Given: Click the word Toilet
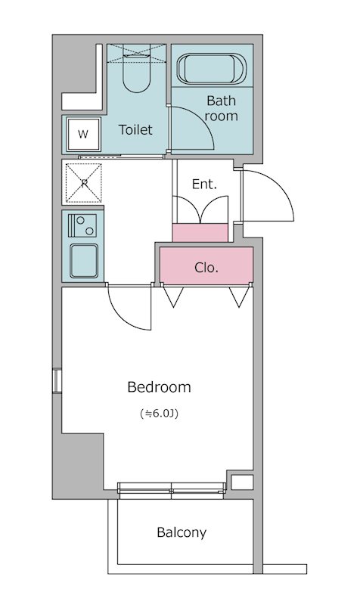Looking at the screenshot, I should [135, 130].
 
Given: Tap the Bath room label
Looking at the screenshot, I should [221, 108].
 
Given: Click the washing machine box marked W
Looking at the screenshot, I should [83, 135].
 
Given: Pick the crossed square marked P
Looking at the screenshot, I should [83, 183].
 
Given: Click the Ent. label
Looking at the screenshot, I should [204, 184].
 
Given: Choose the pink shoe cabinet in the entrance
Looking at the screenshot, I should [200, 233].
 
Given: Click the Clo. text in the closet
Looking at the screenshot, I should [206, 267].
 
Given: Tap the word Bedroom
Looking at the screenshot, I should [159, 387].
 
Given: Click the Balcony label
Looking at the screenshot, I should [182, 532].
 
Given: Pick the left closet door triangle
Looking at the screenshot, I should [172, 297].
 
